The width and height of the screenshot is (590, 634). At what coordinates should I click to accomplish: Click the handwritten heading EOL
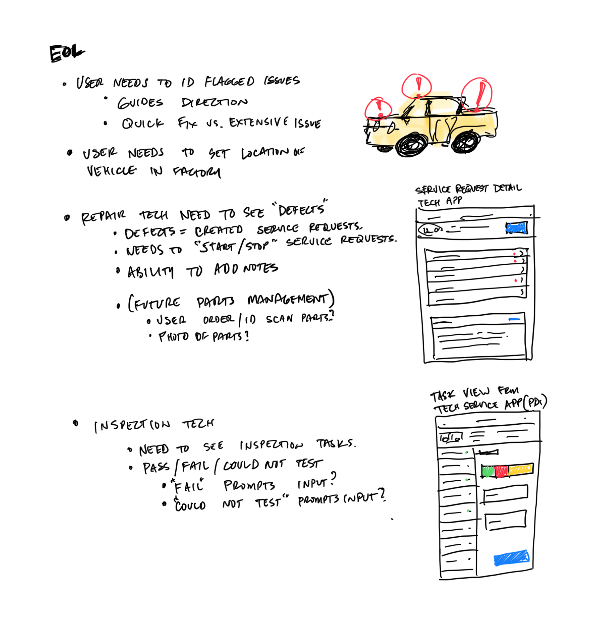click(67, 54)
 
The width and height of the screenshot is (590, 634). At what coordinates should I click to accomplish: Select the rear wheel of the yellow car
click(466, 142)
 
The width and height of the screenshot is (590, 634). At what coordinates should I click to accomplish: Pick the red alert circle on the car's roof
click(417, 86)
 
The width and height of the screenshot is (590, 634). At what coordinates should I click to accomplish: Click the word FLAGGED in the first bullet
click(229, 82)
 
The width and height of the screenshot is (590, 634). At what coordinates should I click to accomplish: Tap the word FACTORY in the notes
click(197, 172)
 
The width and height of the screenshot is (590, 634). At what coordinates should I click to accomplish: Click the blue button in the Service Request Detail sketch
click(517, 228)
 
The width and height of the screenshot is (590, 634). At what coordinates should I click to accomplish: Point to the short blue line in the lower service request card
click(514, 319)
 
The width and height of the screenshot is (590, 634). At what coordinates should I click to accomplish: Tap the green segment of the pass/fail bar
click(488, 471)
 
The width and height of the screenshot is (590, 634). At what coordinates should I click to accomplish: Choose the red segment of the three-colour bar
click(501, 471)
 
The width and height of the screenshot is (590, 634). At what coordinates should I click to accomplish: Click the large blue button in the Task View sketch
click(512, 558)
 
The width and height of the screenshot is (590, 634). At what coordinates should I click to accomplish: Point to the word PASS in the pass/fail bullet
click(156, 467)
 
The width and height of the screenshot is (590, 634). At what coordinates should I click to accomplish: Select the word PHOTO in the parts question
click(173, 337)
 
